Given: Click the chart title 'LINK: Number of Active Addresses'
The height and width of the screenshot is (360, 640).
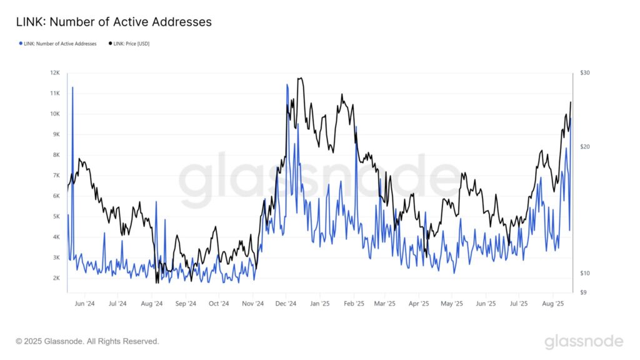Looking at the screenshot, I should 114,22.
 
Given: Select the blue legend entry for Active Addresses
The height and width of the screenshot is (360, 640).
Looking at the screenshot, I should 58,44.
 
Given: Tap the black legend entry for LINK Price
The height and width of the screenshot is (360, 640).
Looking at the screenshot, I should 129,44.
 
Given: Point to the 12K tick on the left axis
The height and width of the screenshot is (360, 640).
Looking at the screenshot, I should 55,73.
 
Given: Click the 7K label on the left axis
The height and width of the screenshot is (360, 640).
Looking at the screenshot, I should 55,176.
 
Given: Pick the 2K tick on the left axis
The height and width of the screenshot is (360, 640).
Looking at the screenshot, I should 55,278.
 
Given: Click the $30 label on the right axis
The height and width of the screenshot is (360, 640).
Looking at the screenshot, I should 584,73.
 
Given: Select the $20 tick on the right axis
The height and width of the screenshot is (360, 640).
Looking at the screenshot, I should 584,147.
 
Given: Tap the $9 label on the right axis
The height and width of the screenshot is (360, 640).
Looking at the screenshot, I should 583,292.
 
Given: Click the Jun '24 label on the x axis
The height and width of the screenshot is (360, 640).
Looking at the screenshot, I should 84,304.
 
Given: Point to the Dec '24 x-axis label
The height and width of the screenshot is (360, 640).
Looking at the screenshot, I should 285,304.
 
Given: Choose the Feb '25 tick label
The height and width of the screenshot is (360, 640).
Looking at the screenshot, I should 354,304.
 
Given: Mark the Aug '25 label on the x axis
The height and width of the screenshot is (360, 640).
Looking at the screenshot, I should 552,304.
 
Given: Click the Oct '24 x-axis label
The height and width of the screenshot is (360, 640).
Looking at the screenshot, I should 219,304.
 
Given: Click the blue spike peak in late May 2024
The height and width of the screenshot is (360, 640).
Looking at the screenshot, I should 72,87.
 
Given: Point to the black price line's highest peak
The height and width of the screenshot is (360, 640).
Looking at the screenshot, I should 301,78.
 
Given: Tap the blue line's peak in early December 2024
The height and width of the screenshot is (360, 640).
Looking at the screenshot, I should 287,84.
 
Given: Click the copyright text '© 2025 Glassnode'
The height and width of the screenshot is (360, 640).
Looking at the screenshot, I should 87,341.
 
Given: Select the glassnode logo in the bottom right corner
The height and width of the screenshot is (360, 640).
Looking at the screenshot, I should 583,341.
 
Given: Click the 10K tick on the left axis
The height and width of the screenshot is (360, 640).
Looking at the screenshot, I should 55,114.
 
